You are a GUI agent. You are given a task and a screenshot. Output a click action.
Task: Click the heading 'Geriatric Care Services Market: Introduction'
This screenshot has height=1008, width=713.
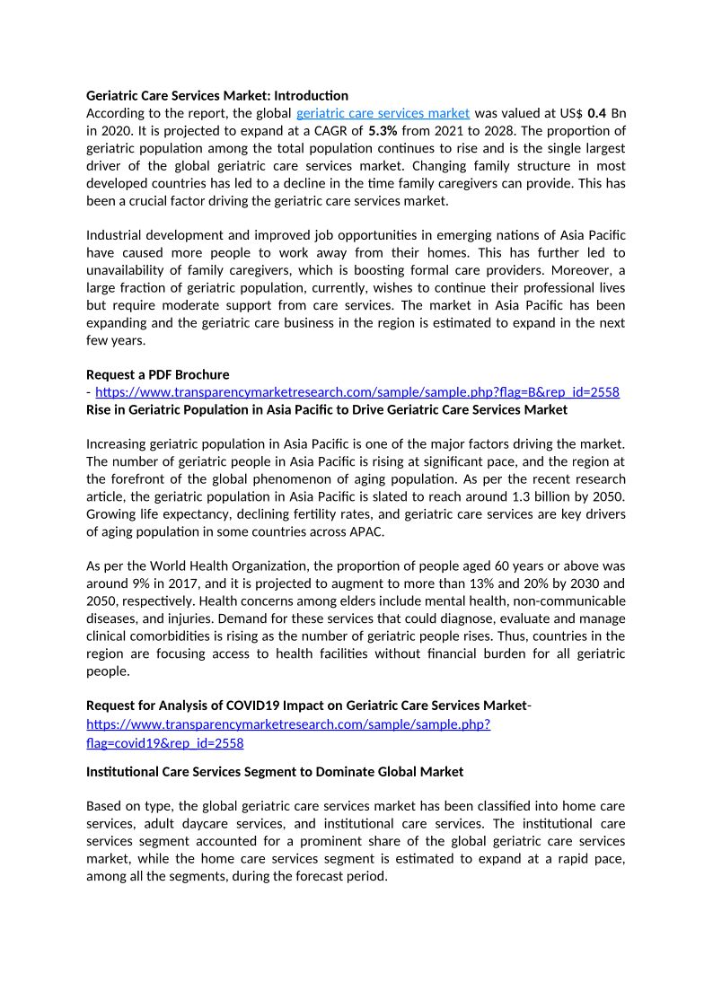(x=216, y=95)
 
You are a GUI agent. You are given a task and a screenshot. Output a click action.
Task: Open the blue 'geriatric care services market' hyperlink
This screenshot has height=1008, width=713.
(x=383, y=113)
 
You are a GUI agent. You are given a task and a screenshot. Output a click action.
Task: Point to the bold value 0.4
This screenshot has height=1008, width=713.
(x=596, y=113)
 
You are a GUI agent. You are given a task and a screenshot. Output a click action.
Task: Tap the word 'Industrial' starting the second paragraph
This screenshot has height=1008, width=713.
(x=114, y=235)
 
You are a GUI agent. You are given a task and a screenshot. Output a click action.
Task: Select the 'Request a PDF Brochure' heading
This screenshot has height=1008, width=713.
(x=157, y=374)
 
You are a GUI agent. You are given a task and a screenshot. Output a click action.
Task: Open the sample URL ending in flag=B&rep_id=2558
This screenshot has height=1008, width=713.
(x=356, y=392)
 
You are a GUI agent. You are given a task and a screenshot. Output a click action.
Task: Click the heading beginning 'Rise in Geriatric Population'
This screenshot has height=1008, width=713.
(x=327, y=409)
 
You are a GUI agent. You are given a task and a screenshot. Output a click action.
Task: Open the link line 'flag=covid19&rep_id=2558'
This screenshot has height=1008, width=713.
(x=164, y=743)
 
